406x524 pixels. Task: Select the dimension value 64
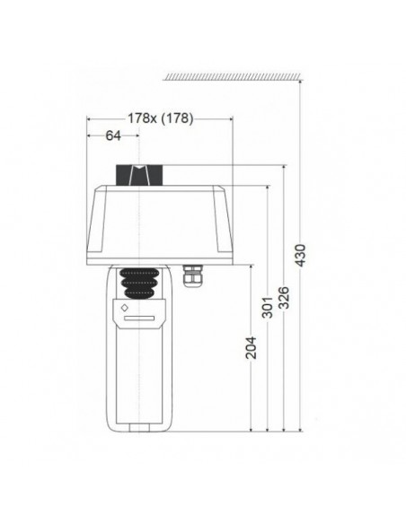pos(114,136)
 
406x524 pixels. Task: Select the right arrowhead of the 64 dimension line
pos(138,136)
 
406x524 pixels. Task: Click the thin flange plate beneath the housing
pos(157,262)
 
